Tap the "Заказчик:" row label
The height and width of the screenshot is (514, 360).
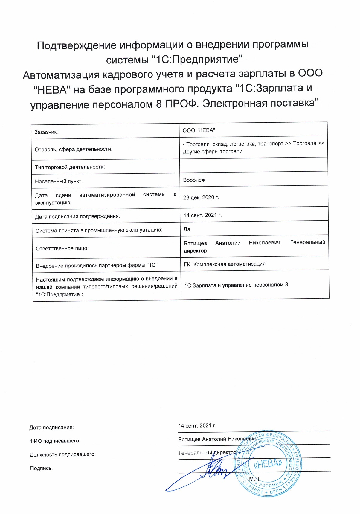[x=46, y=132]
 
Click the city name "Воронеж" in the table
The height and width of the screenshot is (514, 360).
[x=194, y=180]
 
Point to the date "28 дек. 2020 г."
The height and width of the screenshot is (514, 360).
[x=201, y=197]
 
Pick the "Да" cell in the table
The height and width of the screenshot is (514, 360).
[x=187, y=229]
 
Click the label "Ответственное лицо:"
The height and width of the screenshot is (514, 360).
[x=62, y=248]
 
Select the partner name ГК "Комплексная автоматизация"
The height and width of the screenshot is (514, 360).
[x=225, y=264]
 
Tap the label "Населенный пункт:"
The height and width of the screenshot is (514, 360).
[x=59, y=181]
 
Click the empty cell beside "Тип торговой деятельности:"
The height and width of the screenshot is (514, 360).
[x=254, y=165]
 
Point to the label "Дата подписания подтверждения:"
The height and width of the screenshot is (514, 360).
[x=77, y=216]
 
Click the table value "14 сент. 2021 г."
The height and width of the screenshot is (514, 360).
[x=202, y=215]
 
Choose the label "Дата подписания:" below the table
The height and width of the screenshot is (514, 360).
[x=51, y=428]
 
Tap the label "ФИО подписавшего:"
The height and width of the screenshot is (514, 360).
[x=55, y=441]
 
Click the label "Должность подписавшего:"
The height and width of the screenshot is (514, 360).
[x=63, y=454]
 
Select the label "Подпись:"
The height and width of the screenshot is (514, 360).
[x=41, y=468]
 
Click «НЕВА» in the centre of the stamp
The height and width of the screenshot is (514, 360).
[x=268, y=464]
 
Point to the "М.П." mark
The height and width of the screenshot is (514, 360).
[x=255, y=479]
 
